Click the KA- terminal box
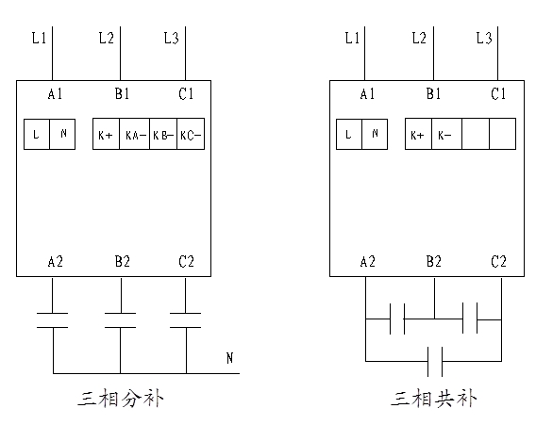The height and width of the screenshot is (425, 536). pos(134,134)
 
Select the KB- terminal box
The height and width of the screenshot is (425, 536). pos(163,134)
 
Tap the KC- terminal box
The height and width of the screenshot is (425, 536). pos(191,134)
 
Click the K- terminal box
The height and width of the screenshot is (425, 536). pos(446,134)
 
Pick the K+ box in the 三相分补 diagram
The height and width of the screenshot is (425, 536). pos(106,134)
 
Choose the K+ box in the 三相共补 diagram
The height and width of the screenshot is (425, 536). pos(418,134)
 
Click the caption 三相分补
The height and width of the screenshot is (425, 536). pos(121,399)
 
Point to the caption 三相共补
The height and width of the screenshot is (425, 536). pos(434,399)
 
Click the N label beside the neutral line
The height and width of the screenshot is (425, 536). pos(229,358)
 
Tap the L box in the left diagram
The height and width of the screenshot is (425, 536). pos(37,134)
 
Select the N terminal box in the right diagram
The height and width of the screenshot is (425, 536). pos(375,134)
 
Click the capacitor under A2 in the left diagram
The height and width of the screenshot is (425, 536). pos(52,320)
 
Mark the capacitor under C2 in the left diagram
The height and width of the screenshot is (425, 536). pos(185,320)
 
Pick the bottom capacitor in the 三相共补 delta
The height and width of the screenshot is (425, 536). pos(435,362)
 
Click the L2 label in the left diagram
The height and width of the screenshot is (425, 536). pos(107,38)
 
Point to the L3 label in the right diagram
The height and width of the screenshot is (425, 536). pos(484,38)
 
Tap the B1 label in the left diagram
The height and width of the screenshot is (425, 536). pos(122,93)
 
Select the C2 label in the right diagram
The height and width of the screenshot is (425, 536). pos(498,262)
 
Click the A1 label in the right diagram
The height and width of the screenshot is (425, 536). pos(367,93)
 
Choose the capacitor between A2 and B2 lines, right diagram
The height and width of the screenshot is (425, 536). pos(397,319)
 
